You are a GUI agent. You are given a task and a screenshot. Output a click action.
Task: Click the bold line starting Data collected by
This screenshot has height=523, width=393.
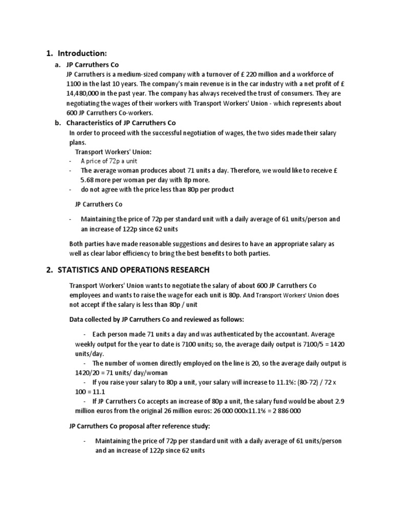[157, 319]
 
